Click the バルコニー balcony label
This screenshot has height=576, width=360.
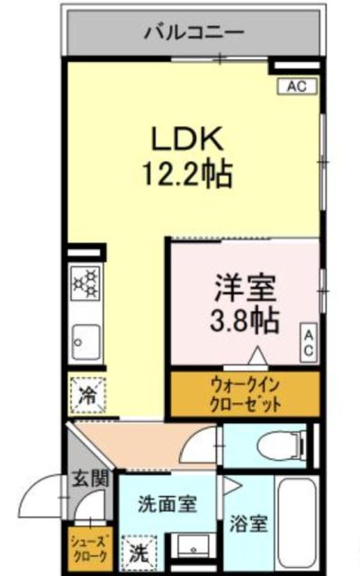click(x=193, y=32)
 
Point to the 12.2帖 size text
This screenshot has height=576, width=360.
click(x=187, y=173)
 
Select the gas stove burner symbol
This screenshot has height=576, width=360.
click(x=87, y=283)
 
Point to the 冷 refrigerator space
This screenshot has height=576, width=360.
click(x=88, y=393)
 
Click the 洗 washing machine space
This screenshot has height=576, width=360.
click(x=139, y=550)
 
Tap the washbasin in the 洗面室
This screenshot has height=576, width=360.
click(x=190, y=548)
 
